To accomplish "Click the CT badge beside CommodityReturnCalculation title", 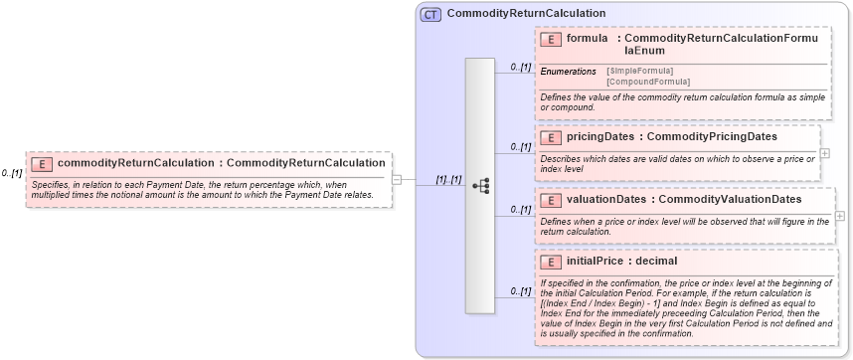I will (x=430, y=14).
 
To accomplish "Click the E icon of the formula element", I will (x=551, y=39).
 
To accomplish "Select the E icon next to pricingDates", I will (x=551, y=137).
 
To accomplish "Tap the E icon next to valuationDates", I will (x=551, y=200).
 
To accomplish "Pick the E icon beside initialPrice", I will (x=551, y=262).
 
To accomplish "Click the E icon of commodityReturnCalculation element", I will (x=42, y=163).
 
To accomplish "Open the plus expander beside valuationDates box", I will (x=840, y=216).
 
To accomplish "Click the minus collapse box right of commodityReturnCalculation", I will (x=397, y=180).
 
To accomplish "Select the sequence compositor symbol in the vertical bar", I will (x=480, y=186).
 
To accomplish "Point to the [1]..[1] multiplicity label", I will (x=448, y=180).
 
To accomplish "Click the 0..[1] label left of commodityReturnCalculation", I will (x=12, y=173).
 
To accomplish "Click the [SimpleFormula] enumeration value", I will (x=639, y=71).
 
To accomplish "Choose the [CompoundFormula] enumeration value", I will (x=648, y=82).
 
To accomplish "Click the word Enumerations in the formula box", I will (x=569, y=72).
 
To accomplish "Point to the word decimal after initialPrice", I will (x=656, y=262).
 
